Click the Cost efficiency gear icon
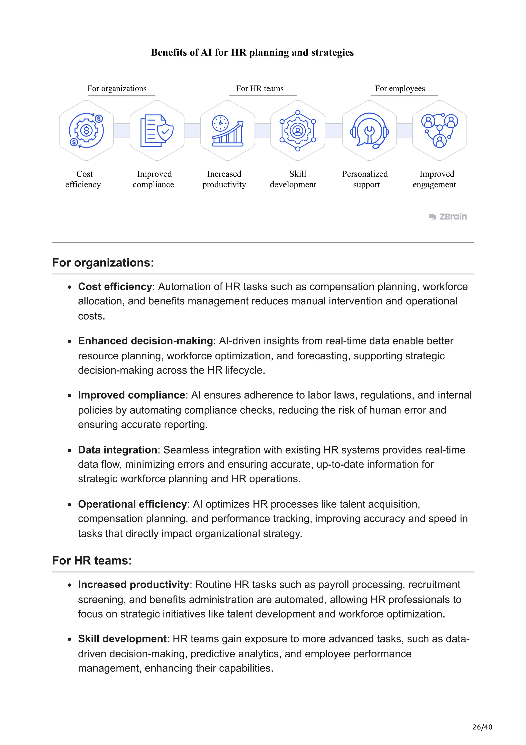[86, 130]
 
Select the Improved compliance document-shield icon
[157, 130]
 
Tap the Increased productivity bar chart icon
[228, 130]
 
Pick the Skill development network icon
[298, 130]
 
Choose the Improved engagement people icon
[439, 130]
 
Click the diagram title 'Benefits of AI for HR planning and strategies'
[252, 52]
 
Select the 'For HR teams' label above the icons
[260, 89]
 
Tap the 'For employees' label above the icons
[400, 89]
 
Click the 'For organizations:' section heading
[103, 262]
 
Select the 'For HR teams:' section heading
[92, 561]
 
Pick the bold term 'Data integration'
[118, 450]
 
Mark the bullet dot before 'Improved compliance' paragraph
[69, 396]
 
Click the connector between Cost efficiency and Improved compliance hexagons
[122, 130]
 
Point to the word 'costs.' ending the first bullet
[92, 316]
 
